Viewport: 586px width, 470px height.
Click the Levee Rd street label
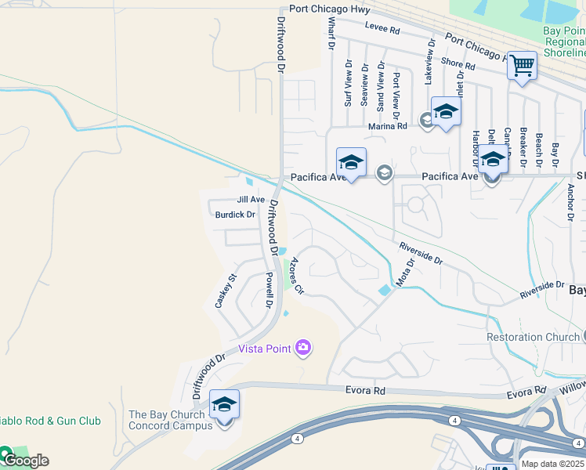point(383,31)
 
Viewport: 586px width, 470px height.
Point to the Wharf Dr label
point(331,35)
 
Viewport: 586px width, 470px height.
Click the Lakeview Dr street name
point(429,60)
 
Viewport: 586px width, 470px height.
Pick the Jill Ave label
point(251,200)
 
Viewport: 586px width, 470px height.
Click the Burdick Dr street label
point(235,214)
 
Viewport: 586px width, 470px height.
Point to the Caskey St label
point(226,290)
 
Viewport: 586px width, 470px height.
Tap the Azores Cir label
point(296,275)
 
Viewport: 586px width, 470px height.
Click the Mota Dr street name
point(405,273)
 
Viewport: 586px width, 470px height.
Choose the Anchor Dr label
point(570,203)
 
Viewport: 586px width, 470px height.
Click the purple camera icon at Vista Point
point(303,348)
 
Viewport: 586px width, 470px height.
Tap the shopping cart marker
point(522,65)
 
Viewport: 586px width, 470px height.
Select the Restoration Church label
point(533,338)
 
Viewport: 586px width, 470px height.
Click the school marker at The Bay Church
point(224,405)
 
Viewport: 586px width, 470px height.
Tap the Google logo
point(25,460)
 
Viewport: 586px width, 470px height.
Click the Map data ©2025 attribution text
point(552,464)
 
